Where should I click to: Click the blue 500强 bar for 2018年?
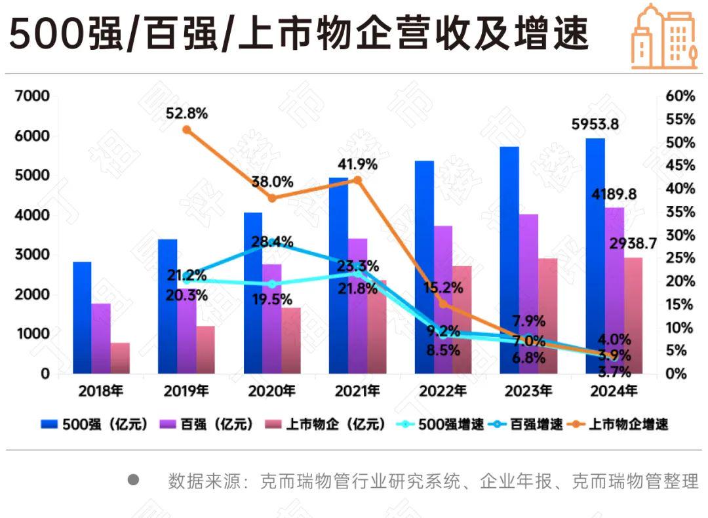pos(82,318)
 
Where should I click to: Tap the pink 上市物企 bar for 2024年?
pos(632,315)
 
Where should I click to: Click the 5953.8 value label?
pos(595,124)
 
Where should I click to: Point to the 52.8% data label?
pos(186,113)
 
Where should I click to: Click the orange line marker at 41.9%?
pos(357,180)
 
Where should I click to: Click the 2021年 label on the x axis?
pos(357,392)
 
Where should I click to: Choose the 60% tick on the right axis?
pos(680,96)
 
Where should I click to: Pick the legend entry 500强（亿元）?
pos(95,424)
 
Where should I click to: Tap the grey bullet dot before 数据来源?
pos(134,479)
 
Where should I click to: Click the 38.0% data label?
pos(272,182)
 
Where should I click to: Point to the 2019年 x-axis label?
pos(186,392)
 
